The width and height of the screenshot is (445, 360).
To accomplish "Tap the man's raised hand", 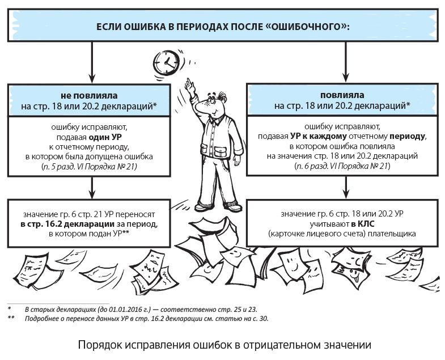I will tap(190, 85).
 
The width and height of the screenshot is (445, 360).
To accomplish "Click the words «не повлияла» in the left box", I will tap(90, 94).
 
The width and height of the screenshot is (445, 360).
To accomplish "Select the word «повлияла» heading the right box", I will tap(342, 94).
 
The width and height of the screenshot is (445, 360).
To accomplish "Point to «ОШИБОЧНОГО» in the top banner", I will tap(308, 27).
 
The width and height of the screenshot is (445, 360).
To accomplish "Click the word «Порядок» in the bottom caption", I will tap(96, 344).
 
